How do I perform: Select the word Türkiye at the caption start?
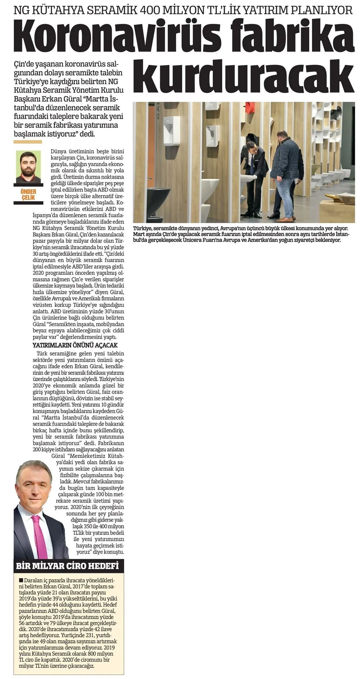tap(143, 229)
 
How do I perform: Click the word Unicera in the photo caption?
tap(193, 240)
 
